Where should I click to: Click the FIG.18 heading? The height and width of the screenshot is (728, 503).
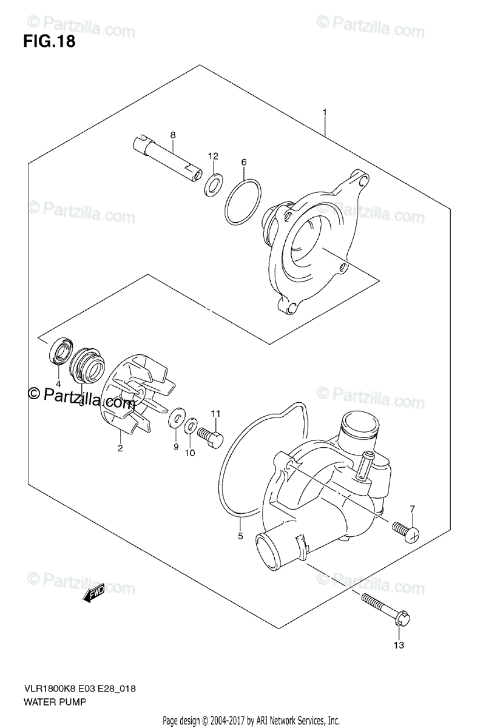click(x=50, y=43)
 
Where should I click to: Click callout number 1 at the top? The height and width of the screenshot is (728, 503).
click(x=325, y=112)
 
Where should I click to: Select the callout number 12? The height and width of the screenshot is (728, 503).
click(x=213, y=157)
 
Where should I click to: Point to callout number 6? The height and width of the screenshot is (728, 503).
click(x=243, y=162)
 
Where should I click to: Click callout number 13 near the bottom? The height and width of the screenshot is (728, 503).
click(x=398, y=645)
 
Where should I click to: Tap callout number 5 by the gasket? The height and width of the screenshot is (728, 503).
click(x=240, y=536)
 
